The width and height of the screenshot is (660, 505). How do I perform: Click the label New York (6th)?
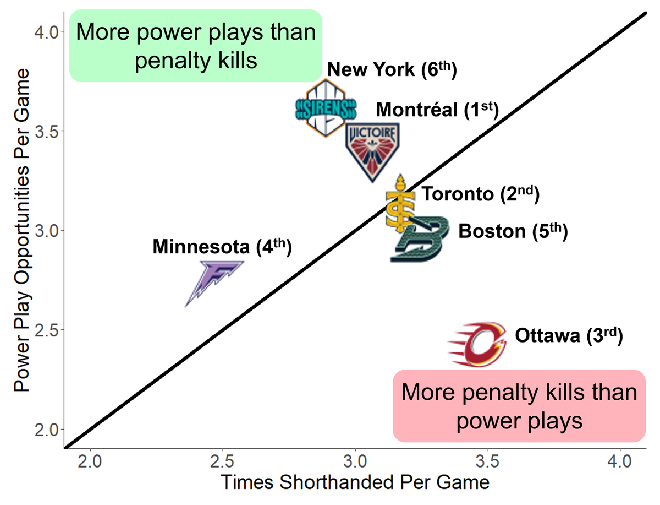point(392,70)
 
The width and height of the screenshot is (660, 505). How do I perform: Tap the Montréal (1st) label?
point(437,110)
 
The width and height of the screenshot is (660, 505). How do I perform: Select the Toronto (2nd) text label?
point(480,194)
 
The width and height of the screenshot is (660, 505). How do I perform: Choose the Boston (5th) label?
point(512,230)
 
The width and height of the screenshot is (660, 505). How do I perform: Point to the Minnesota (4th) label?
point(221,246)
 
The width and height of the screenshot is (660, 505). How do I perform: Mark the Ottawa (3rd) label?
point(569,335)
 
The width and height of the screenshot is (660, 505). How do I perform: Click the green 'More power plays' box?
point(195,46)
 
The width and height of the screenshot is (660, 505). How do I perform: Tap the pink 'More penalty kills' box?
point(519,406)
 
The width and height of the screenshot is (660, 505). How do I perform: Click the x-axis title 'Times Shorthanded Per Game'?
point(355,482)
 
